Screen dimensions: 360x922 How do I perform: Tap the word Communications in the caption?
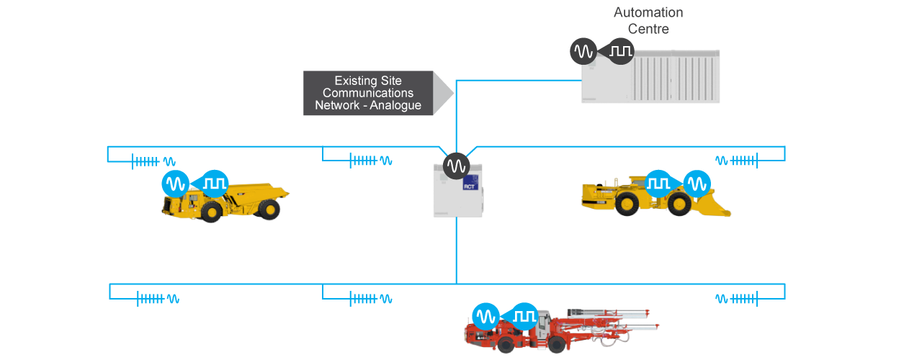368,93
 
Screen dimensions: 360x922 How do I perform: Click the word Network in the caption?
336,105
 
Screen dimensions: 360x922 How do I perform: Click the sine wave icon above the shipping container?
583,51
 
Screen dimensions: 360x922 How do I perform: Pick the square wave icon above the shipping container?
620,51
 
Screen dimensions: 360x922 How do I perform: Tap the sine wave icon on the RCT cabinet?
455,166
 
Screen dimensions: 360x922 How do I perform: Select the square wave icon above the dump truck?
214,184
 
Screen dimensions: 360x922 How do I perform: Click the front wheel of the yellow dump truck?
212,211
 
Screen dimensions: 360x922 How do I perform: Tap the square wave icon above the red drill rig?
524,316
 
